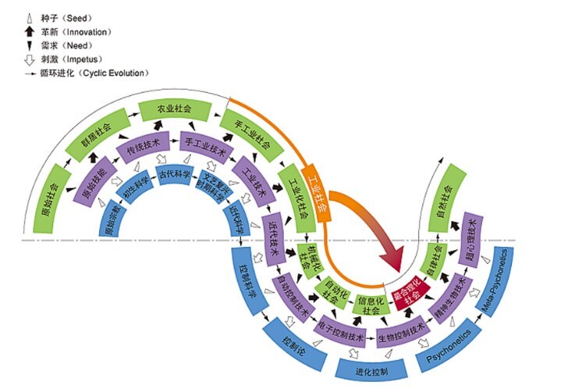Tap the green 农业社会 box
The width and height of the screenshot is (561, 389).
[x=174, y=109]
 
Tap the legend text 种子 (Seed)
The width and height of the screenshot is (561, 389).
[x=66, y=18]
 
